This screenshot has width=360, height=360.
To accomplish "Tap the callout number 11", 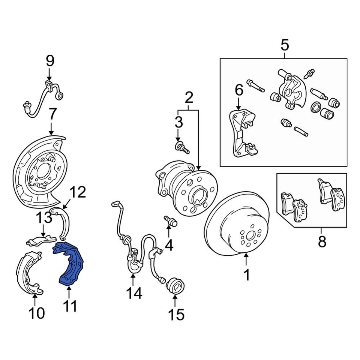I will [x=70, y=306].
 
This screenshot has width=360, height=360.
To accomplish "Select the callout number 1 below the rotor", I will [x=246, y=276].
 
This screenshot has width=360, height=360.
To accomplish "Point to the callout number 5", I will [x=285, y=46].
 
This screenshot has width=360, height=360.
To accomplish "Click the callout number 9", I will [x=50, y=61].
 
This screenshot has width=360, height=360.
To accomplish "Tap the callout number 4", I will [x=169, y=246].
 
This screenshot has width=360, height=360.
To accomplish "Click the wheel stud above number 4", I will [x=170, y=221].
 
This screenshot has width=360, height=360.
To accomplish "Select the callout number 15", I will [x=175, y=314].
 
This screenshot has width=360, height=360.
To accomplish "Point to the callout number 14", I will [x=134, y=292].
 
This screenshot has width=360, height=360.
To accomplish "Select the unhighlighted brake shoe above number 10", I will [x=28, y=272].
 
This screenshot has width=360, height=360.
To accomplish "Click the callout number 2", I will [x=189, y=98].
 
